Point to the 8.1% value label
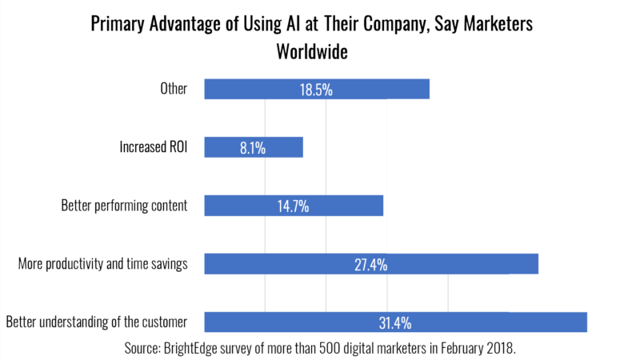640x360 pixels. [x=254, y=147]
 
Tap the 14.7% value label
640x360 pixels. [x=294, y=206]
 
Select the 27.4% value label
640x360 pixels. [x=371, y=264]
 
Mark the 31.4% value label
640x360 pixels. [x=395, y=322]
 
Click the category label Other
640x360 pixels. [x=174, y=89]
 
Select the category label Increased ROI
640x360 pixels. [x=154, y=147]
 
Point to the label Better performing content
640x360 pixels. [x=124, y=206]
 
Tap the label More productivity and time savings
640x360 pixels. [x=102, y=264]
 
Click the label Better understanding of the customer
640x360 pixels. [x=96, y=322]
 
